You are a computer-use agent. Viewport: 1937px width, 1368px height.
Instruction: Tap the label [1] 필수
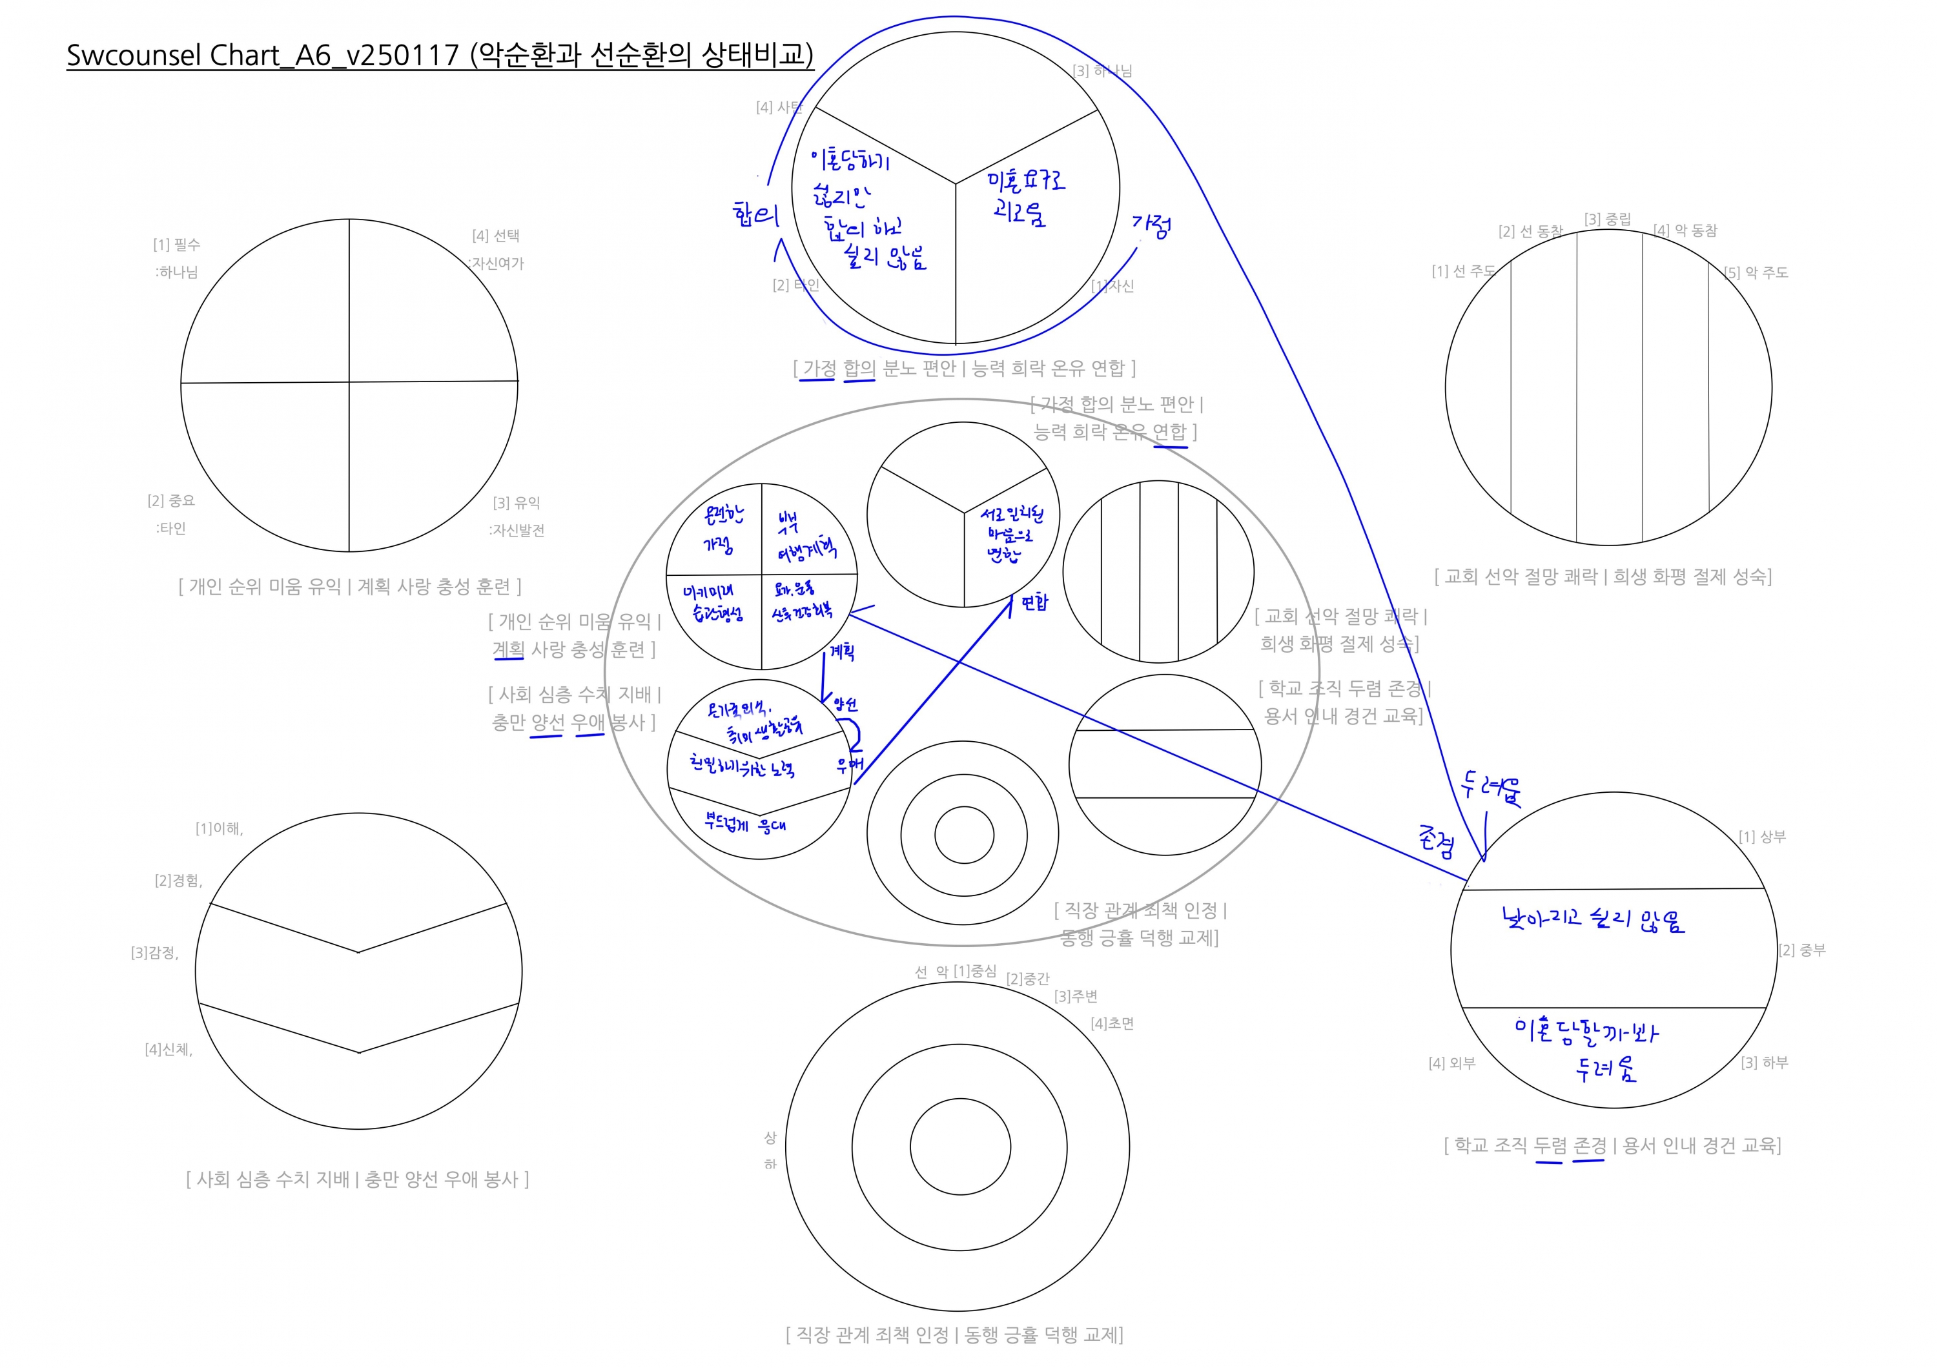pyautogui.click(x=176, y=245)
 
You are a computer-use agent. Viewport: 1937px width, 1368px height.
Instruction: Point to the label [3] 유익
pyautogui.click(x=517, y=503)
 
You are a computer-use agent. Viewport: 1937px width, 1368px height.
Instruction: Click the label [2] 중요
pyautogui.click(x=170, y=500)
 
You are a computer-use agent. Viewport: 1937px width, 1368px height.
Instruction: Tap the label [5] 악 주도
pyautogui.click(x=1756, y=272)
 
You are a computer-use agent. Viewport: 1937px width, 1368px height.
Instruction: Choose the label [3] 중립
pyautogui.click(x=1607, y=219)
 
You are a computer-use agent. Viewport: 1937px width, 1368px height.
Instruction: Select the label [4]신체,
pyautogui.click(x=169, y=1049)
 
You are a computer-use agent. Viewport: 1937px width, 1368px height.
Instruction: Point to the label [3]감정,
pyautogui.click(x=154, y=952)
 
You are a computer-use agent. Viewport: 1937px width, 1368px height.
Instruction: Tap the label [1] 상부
pyautogui.click(x=1761, y=836)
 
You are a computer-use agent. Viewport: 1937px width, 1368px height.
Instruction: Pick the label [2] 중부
pyautogui.click(x=1802, y=950)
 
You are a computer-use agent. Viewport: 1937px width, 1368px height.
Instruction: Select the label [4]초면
pyautogui.click(x=1112, y=1023)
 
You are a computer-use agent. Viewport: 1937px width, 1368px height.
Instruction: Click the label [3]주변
pyautogui.click(x=1076, y=996)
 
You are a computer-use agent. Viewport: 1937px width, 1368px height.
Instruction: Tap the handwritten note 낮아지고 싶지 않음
pyautogui.click(x=1593, y=919)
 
